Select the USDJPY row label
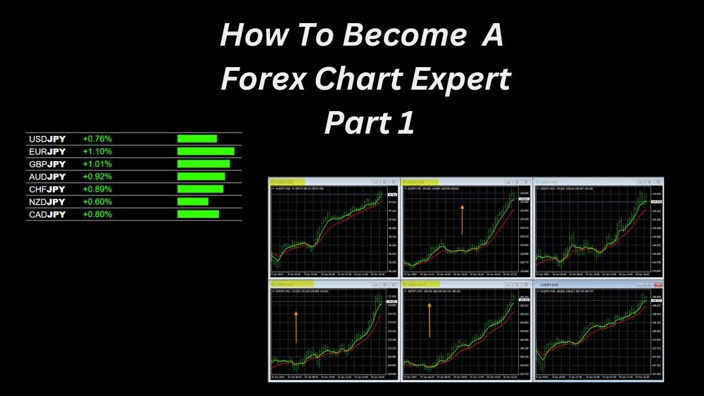pos(47,139)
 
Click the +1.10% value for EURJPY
pos(97,151)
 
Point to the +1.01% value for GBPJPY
pos(97,164)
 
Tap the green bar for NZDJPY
pos(193,202)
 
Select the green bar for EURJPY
pos(206,151)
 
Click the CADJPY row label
pos(47,215)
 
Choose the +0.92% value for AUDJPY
pos(97,177)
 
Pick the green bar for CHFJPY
pos(200,189)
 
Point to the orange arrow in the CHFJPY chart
pos(296,327)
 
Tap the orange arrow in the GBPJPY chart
pos(429,320)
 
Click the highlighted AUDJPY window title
pos(286,182)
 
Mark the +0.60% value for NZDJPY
pos(97,202)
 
